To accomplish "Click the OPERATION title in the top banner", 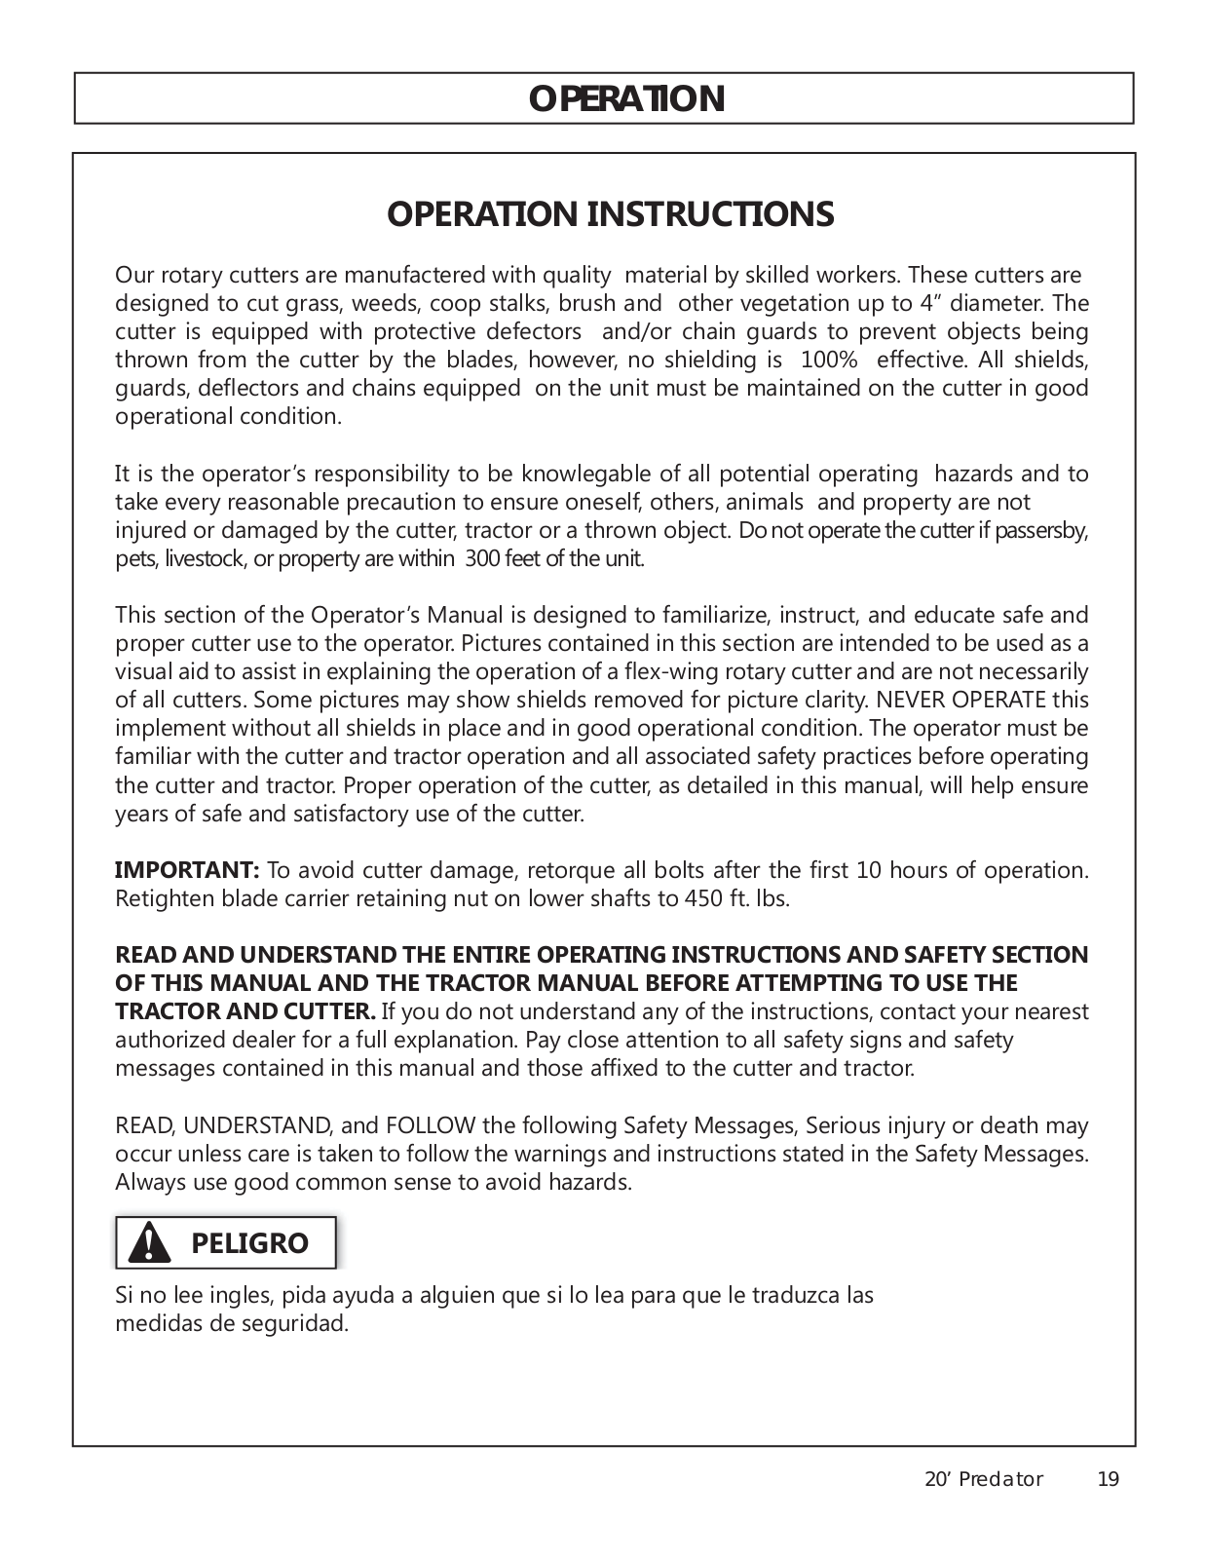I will (x=626, y=99).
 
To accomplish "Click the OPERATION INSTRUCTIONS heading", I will (x=610, y=214).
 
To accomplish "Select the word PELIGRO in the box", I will (x=249, y=1244).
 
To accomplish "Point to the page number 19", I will (x=1108, y=1479).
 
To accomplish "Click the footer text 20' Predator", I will (x=983, y=1479).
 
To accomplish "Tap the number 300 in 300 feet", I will (x=482, y=559).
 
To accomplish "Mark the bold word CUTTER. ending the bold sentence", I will (x=329, y=1011).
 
